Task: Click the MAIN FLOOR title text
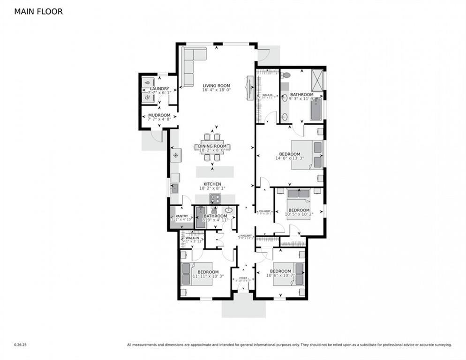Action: (x=38, y=11)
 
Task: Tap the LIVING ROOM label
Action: (x=216, y=86)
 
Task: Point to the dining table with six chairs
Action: (x=212, y=147)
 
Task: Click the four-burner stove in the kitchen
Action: (x=215, y=199)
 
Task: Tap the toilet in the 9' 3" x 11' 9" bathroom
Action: (x=286, y=75)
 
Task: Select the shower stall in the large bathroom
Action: (x=317, y=76)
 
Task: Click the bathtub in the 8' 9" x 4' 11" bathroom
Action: (x=201, y=217)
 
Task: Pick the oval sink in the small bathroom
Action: (x=229, y=210)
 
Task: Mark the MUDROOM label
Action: (x=159, y=115)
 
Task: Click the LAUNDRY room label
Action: (x=159, y=89)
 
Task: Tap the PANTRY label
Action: (x=181, y=216)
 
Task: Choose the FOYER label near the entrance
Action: (x=243, y=278)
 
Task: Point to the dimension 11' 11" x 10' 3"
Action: (x=208, y=277)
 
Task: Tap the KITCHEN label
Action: (x=212, y=184)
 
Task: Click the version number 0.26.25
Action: (x=21, y=345)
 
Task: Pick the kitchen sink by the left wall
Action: (x=174, y=189)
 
